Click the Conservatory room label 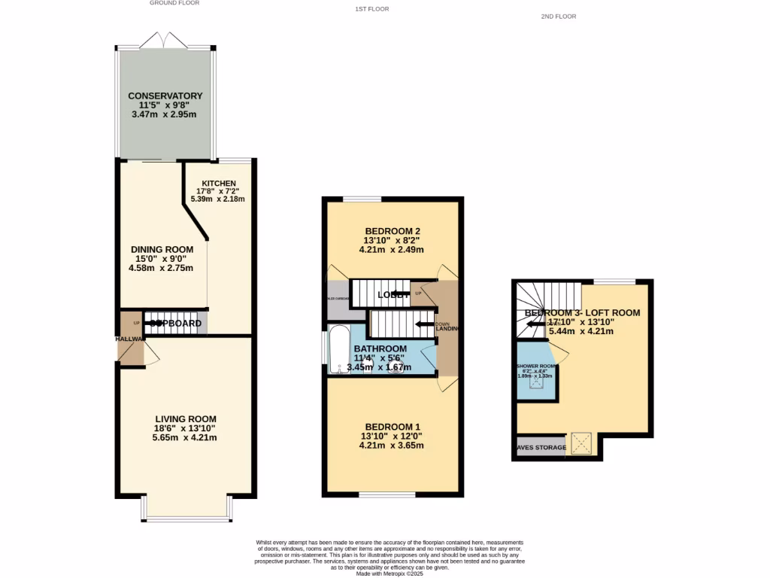(x=165, y=96)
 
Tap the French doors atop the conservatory (x=165, y=40)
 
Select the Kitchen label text (x=219, y=183)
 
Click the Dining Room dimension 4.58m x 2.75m (x=161, y=268)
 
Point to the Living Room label (x=186, y=419)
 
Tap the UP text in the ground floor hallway (x=136, y=324)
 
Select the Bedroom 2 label (x=392, y=231)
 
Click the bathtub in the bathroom (x=338, y=350)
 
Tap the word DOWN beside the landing (x=442, y=324)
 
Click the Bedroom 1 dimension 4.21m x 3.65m (x=392, y=446)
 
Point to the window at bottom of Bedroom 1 (x=387, y=494)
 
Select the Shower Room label (x=535, y=367)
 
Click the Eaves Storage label (x=541, y=448)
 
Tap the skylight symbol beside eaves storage (x=579, y=443)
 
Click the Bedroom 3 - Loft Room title (x=582, y=313)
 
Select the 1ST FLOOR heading (x=372, y=9)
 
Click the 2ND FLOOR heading (x=558, y=17)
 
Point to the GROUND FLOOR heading (x=174, y=3)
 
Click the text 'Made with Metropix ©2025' (x=390, y=573)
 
